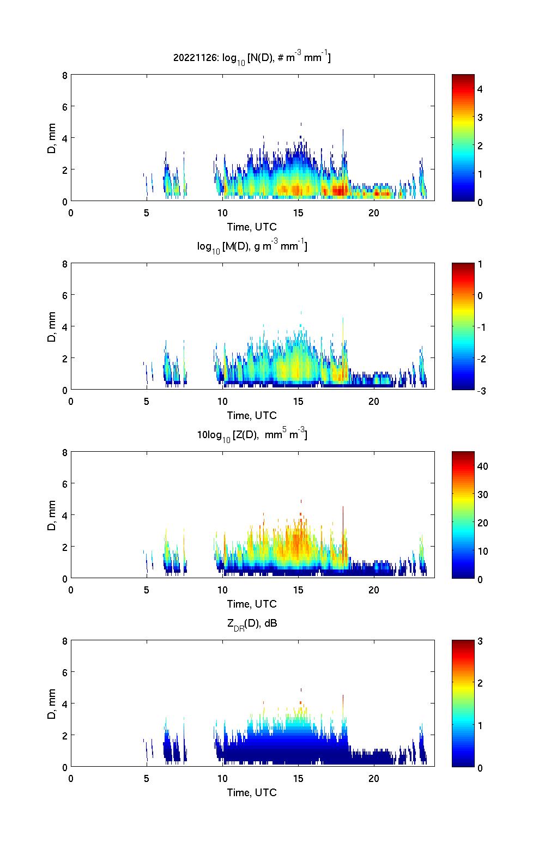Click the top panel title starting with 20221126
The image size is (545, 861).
[x=252, y=57]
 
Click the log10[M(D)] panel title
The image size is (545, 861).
[x=252, y=246]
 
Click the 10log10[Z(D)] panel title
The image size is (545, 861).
[x=252, y=435]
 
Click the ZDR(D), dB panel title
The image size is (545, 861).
[x=252, y=623]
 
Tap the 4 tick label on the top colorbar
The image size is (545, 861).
[x=480, y=89]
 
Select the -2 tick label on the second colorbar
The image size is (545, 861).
[x=481, y=359]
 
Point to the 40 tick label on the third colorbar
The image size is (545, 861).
[x=482, y=466]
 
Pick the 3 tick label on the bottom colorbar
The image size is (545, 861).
[x=480, y=641]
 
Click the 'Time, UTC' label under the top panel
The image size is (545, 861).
[x=252, y=227]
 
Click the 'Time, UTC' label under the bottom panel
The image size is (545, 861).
[x=252, y=792]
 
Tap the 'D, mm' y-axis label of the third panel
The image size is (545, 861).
[x=52, y=514]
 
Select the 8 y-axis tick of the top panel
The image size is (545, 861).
[x=65, y=75]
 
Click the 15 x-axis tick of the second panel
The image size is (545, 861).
[x=298, y=402]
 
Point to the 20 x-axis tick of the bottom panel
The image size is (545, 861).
[x=374, y=779]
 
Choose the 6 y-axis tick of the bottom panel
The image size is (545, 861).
[x=65, y=672]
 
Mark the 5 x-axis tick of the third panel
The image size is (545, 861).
[x=147, y=590]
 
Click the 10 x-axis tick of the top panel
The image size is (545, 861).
[x=222, y=213]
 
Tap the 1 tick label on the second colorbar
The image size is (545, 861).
[x=480, y=264]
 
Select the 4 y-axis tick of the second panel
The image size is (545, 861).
[x=65, y=326]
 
